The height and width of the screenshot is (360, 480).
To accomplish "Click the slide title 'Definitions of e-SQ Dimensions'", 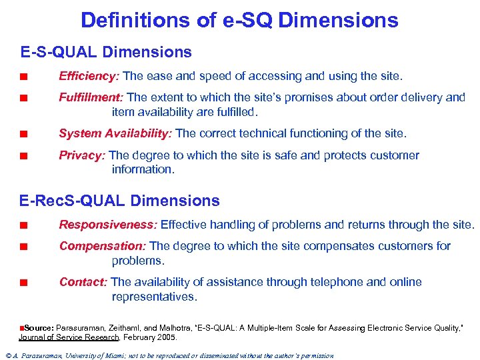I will (239, 20).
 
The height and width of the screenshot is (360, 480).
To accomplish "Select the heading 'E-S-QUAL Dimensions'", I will (106, 52).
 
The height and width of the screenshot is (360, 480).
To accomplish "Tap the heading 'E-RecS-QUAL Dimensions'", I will (120, 201).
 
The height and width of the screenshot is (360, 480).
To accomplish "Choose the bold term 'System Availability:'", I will (115, 133).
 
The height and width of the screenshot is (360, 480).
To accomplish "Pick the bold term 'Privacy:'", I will (82, 155).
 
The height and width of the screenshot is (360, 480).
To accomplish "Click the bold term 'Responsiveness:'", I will (108, 225).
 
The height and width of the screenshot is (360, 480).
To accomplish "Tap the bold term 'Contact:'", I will (84, 282).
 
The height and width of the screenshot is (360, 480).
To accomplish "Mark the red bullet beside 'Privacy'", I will (23, 156).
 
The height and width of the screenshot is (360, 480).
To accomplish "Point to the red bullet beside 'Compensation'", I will (23, 247).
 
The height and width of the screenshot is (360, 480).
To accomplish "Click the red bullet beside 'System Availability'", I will (23, 134).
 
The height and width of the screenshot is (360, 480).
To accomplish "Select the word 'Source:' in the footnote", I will (39, 329).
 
